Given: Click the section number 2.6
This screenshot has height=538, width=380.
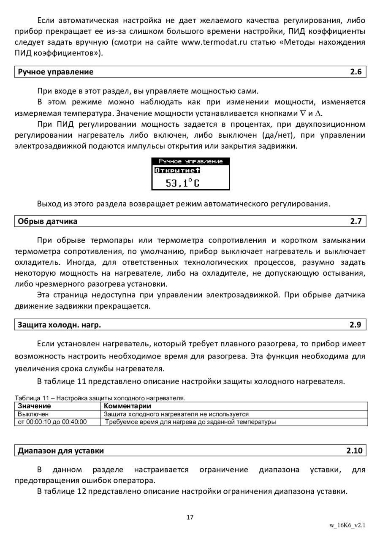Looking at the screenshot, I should coord(356,72).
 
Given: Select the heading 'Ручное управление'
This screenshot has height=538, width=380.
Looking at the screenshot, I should coord(55,72).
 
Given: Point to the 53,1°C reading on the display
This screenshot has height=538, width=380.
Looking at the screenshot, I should coord(183,183).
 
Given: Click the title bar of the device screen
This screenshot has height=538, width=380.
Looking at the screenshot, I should coord(190,161).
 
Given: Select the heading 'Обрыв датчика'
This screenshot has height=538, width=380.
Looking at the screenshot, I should coord(47,221).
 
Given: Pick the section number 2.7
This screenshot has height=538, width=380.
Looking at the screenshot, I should coord(356,221).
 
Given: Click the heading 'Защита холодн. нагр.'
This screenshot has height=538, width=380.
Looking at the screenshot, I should coord(59,325).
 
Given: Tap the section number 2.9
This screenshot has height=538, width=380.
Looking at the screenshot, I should coord(356,325).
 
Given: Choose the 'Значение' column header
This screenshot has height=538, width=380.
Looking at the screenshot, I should coord(34,406).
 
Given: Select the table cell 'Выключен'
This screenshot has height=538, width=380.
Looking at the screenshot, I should coord(33,414).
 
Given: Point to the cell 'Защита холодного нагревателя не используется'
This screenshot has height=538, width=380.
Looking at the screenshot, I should coord(176,414).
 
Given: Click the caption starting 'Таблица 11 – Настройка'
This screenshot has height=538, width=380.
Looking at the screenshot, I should coord(100,398).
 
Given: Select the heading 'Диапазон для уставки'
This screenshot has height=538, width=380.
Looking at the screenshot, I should coord(60,451).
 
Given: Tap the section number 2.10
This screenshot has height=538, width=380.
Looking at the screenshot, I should coord(354,451).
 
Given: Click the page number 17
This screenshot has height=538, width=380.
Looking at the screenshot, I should coord(190,517).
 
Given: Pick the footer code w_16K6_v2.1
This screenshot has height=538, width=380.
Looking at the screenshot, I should coord(347,525).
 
